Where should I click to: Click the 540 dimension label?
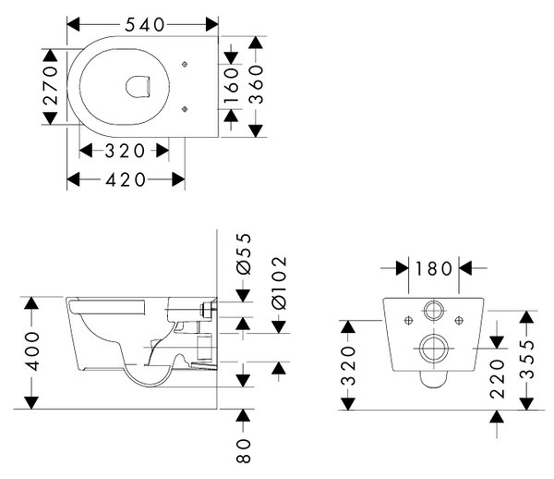[x=145, y=25]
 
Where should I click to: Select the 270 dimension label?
[x=50, y=86]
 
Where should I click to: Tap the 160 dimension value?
[x=232, y=86]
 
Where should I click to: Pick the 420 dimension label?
[x=126, y=179]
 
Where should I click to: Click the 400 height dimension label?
[x=31, y=351]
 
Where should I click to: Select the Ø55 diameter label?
[x=244, y=254]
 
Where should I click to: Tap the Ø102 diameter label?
[x=279, y=283]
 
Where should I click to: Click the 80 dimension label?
[x=244, y=450]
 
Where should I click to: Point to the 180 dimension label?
[x=434, y=268]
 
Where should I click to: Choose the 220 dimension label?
[x=497, y=378]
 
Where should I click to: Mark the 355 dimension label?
[x=527, y=360]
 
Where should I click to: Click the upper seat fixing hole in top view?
[x=185, y=64]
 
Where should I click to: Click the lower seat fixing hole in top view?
[x=185, y=109]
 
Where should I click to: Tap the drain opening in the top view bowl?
[x=138, y=86]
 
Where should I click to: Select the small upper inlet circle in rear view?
[x=434, y=312]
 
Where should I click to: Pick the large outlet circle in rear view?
[x=434, y=348]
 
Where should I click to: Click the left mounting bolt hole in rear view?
[x=408, y=321]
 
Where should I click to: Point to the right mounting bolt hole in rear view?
[x=459, y=321]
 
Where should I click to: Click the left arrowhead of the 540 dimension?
[x=73, y=25]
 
